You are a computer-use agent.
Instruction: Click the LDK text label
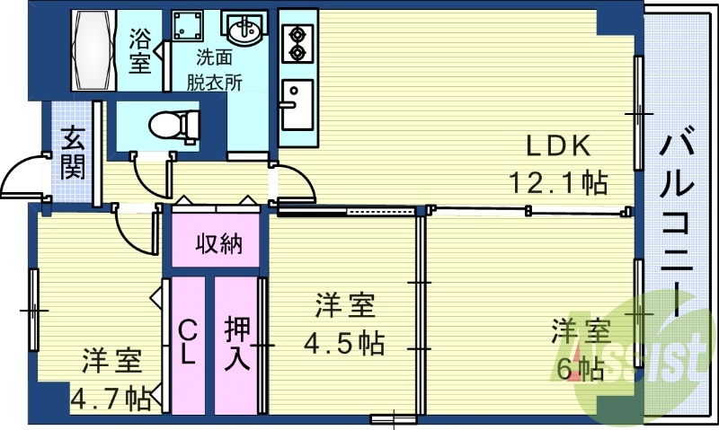coord(556,145)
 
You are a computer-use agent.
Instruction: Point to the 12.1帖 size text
coord(557,183)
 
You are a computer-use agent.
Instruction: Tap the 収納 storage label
coord(219,242)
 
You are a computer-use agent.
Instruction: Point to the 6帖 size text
coord(580,367)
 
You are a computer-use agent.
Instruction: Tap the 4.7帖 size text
coord(111,396)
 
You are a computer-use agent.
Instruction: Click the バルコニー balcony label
coord(680,221)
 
